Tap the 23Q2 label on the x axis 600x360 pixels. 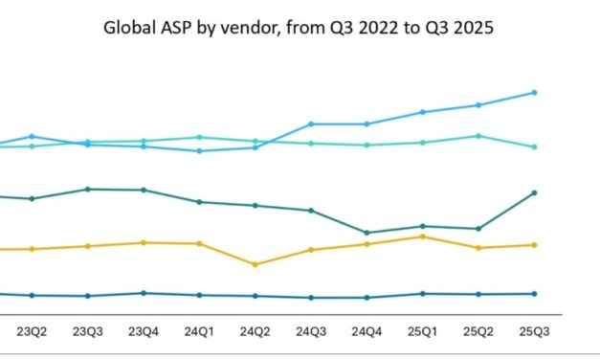point(33,332)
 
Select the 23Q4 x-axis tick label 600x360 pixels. point(144,332)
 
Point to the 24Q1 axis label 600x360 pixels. point(199,332)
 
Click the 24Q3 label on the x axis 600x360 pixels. point(311,332)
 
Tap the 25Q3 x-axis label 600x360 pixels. point(533,332)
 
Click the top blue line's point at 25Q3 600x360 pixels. point(534,93)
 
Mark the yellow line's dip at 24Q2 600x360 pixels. point(255,264)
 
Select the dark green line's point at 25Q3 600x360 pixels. point(534,192)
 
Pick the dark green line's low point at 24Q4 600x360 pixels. point(367,233)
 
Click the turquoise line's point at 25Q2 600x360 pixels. point(478,136)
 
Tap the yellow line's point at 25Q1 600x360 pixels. point(422,236)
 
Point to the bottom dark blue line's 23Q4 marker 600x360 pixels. point(144,293)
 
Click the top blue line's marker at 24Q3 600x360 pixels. point(311,124)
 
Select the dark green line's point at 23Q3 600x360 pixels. point(88,189)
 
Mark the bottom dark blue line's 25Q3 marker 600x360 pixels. point(534,293)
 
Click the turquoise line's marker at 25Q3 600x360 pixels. point(534,146)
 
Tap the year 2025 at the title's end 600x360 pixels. point(475,27)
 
